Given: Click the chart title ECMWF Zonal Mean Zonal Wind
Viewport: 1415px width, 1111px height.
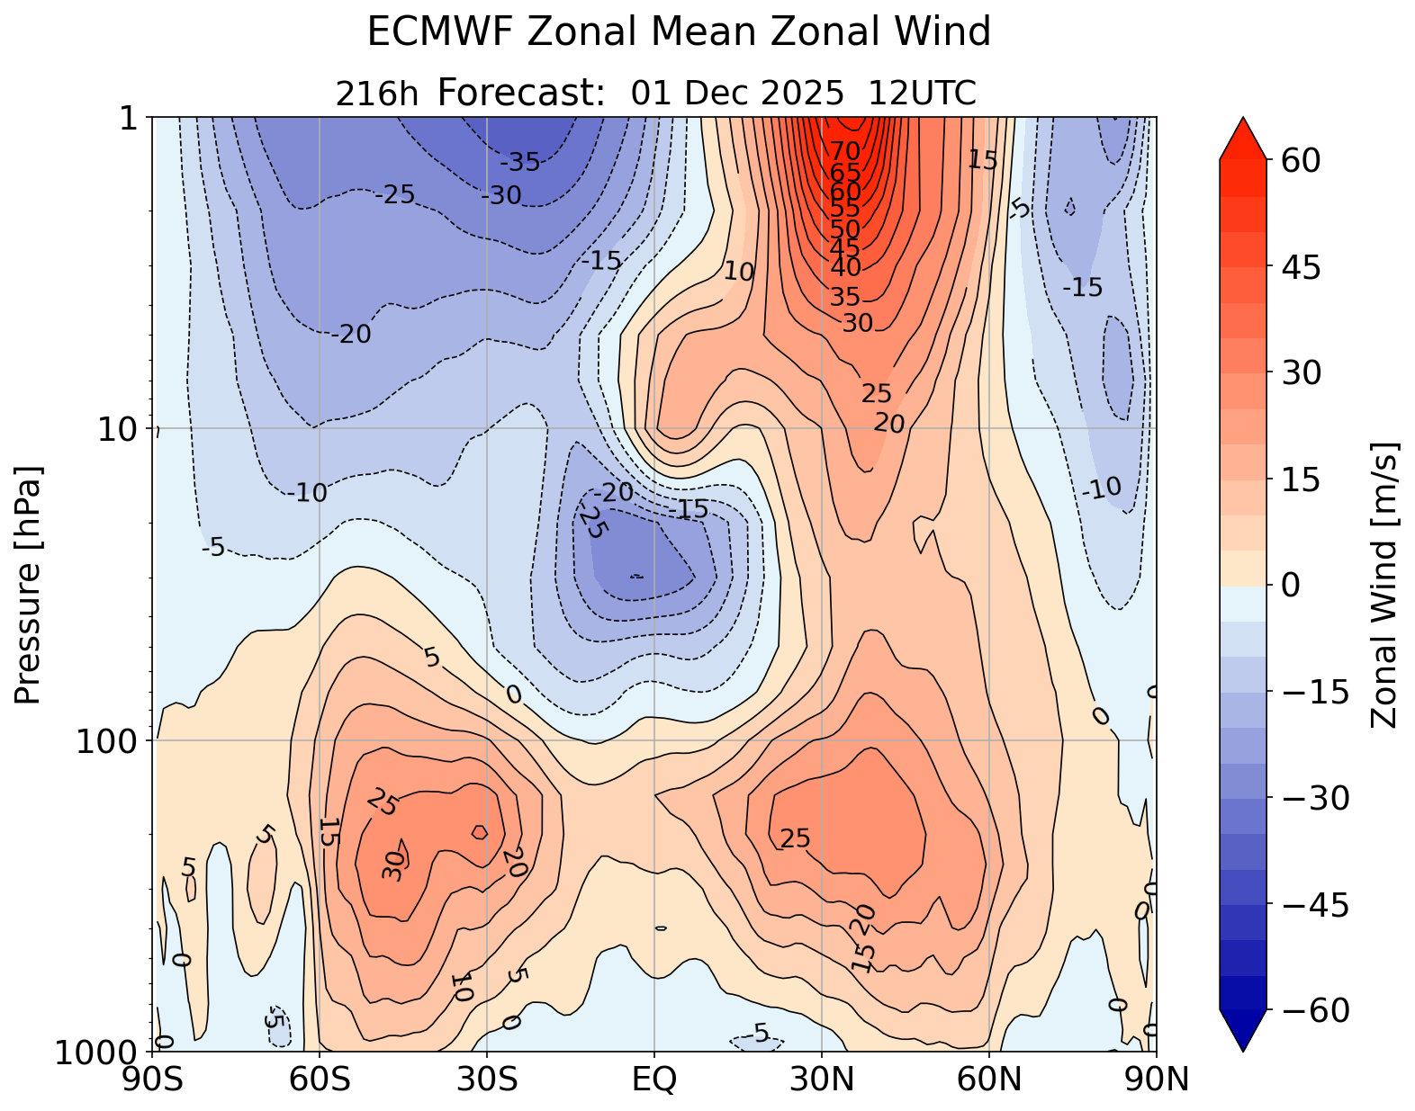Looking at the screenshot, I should (x=679, y=33).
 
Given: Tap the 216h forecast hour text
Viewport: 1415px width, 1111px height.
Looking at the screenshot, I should (x=376, y=94).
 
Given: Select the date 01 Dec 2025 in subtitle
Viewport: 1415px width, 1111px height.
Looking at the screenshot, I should (x=737, y=93).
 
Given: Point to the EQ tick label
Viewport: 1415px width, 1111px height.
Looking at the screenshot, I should (x=654, y=1079).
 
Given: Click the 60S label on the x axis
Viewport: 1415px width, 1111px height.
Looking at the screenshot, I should (x=320, y=1079).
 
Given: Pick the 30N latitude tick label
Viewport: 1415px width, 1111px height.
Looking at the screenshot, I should (x=822, y=1079).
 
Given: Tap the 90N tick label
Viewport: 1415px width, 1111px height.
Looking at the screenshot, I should (x=1156, y=1079).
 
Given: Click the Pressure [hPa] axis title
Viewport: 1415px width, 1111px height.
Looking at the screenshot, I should (x=29, y=585).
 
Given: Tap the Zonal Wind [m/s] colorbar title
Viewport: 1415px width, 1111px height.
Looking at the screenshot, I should (x=1383, y=585).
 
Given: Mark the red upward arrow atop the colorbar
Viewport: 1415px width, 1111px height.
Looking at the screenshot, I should (x=1243, y=138).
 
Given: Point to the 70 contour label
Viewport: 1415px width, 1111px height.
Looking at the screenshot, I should (x=844, y=150).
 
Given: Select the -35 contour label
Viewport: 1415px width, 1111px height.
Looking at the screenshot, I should (x=519, y=163).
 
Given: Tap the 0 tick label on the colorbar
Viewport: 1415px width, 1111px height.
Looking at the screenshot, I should (x=1291, y=586).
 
